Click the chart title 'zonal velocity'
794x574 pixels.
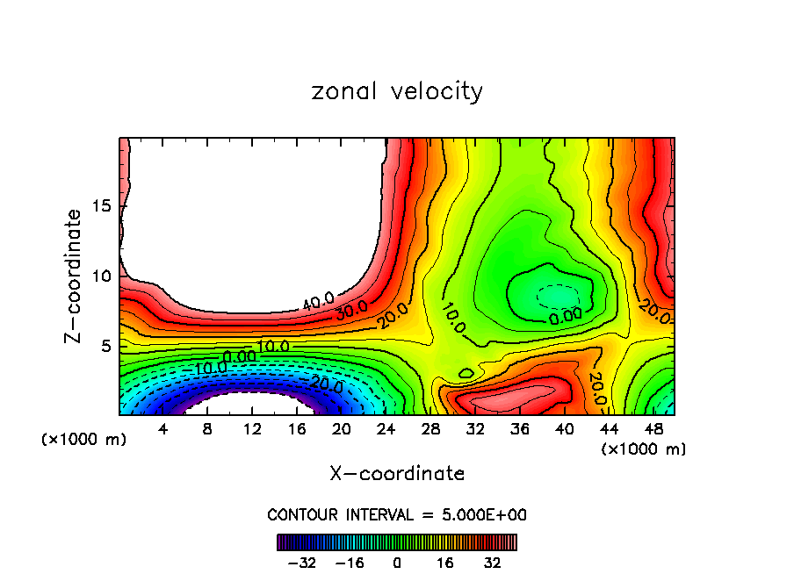point(397,91)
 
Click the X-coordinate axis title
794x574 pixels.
point(397,474)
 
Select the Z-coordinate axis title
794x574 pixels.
point(76,276)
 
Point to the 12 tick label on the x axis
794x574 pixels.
point(252,429)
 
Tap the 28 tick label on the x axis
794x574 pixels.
point(430,429)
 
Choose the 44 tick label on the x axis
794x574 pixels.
point(609,429)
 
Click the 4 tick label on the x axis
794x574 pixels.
point(163,429)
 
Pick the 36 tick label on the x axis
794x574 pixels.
point(519,429)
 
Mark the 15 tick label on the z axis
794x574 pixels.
point(103,206)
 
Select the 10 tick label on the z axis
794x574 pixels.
point(103,276)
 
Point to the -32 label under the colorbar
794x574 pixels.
point(301,563)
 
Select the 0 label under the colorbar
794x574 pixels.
point(397,563)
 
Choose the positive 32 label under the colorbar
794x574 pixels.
point(493,563)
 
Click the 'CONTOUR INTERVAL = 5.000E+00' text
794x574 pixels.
point(397,514)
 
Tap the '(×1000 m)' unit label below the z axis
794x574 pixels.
point(84,440)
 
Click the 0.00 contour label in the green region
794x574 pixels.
point(566,315)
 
